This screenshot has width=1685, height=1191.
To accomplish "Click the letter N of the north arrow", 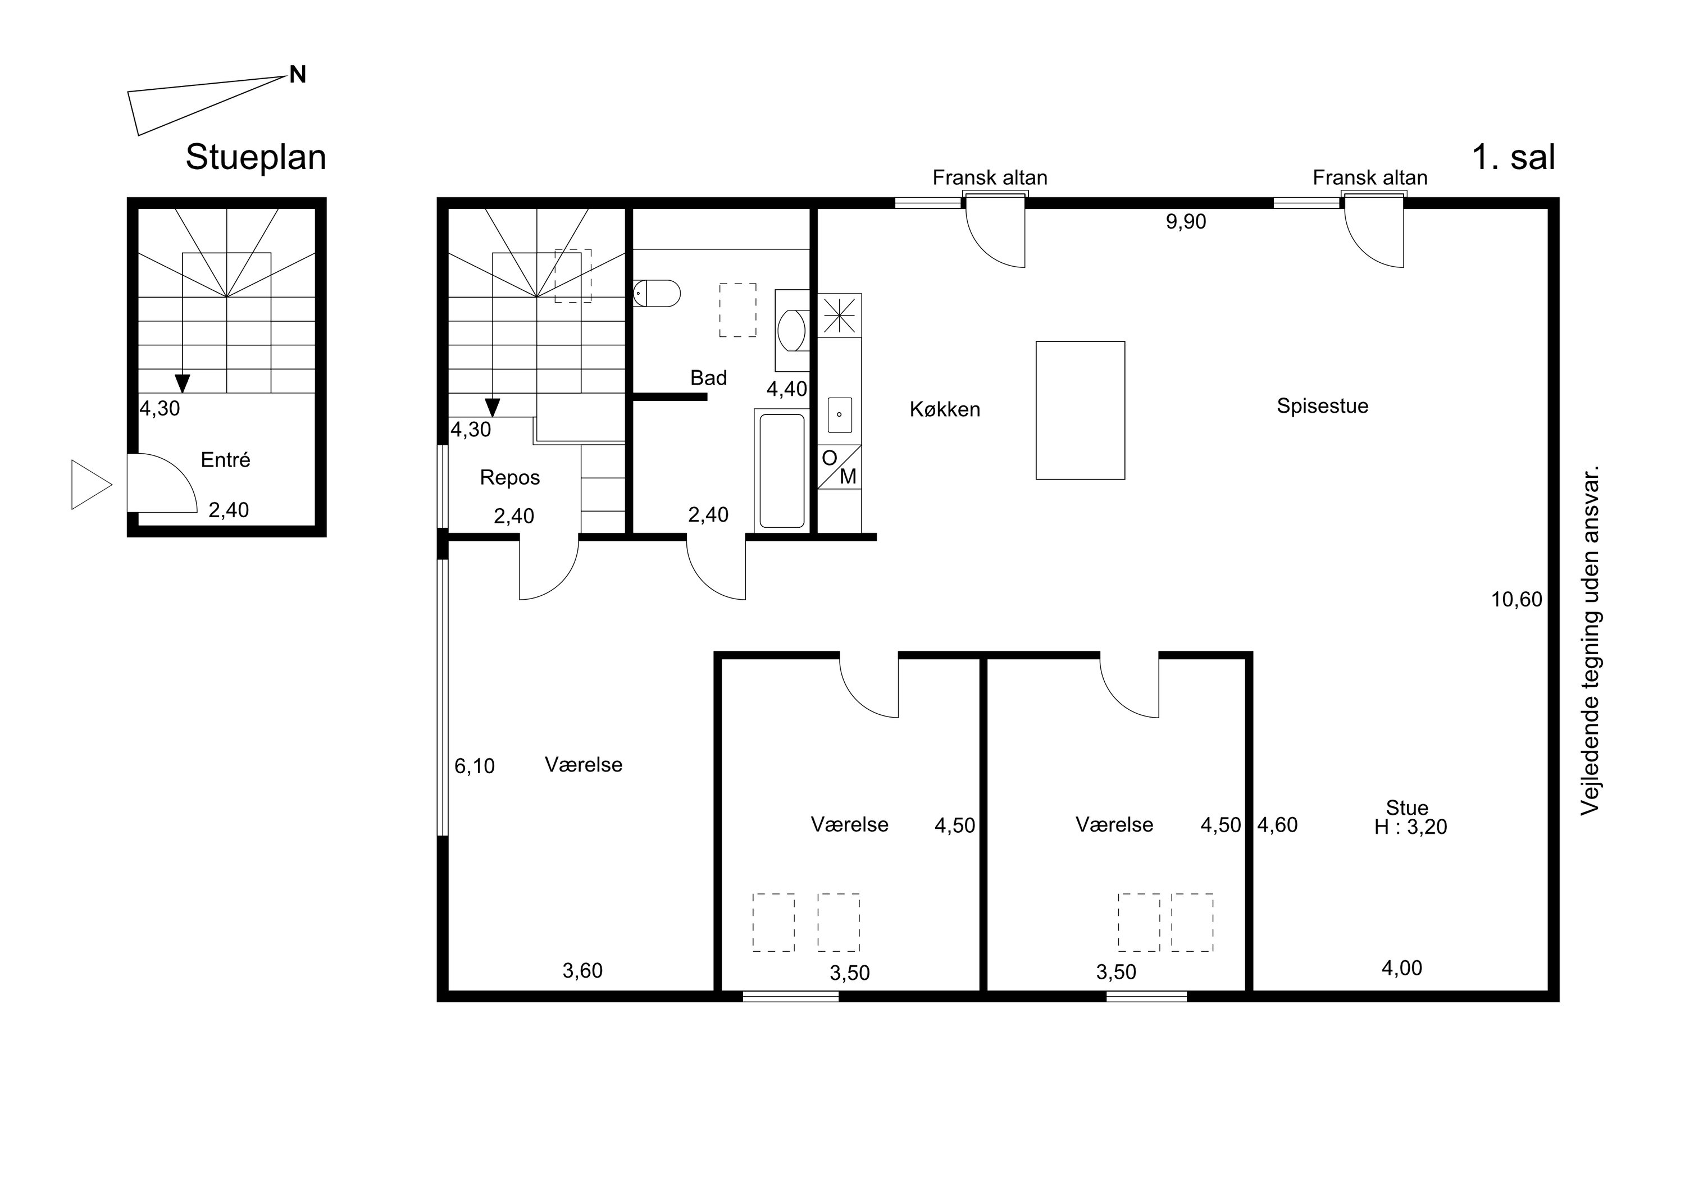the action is [297, 74].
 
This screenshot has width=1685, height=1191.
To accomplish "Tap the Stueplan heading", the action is [256, 158].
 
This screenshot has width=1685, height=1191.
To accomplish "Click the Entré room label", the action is [225, 459].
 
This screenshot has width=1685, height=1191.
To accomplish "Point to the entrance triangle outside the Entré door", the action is [91, 485].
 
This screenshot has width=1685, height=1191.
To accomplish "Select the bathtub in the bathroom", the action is [782, 471].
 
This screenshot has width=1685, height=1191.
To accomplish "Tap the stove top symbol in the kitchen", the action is [840, 315].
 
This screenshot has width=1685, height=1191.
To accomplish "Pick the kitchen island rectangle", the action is [1080, 410].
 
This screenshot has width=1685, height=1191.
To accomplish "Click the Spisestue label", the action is [1323, 406].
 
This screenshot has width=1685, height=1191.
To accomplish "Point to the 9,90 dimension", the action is [1186, 222].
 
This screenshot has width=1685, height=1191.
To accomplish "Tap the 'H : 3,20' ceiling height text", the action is [1410, 827].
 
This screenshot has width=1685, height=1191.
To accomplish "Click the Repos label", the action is [510, 478].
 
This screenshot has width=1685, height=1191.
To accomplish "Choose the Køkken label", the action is [945, 409].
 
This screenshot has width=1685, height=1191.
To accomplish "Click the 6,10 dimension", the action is [475, 766].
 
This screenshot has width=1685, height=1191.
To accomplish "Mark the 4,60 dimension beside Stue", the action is [1278, 825].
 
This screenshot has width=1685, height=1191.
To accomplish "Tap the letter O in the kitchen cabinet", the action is [829, 458].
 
